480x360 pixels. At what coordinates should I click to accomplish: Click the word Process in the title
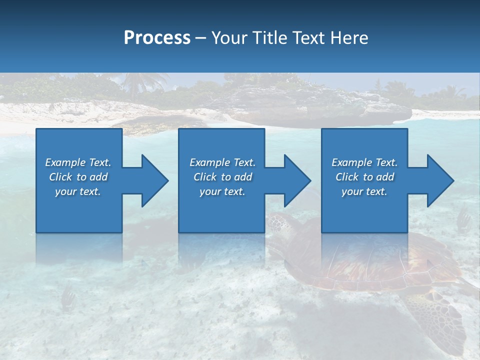click(x=157, y=37)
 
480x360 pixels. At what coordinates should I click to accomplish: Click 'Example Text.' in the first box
click(x=78, y=162)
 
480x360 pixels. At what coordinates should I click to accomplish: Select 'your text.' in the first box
click(x=78, y=191)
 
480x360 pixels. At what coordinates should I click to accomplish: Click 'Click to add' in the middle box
click(x=222, y=177)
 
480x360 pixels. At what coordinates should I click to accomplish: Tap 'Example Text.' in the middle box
click(x=222, y=162)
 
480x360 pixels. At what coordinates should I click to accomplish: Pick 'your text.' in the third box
click(x=364, y=191)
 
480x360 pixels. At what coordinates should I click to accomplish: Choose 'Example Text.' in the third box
click(x=364, y=162)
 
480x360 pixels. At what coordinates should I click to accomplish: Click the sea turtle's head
click(x=280, y=225)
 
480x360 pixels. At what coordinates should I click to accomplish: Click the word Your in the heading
click(x=228, y=37)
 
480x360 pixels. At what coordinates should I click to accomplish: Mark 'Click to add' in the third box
click(x=364, y=177)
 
